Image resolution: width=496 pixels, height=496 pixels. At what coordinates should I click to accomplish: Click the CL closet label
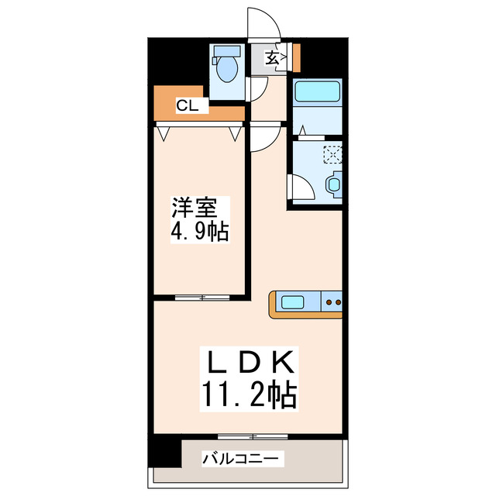pos(187,106)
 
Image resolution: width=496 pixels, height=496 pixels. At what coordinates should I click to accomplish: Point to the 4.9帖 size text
pos(199,231)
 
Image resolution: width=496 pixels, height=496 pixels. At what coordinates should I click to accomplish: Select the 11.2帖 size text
pos(248,396)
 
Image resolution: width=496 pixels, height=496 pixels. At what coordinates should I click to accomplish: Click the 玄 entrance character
pos(273,57)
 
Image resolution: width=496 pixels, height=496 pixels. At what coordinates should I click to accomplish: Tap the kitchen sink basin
pos(294,301)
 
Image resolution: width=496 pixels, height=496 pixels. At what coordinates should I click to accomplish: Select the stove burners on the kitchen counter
pos(332,301)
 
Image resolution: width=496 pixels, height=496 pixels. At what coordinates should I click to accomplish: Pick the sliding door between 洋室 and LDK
pos(201,296)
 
